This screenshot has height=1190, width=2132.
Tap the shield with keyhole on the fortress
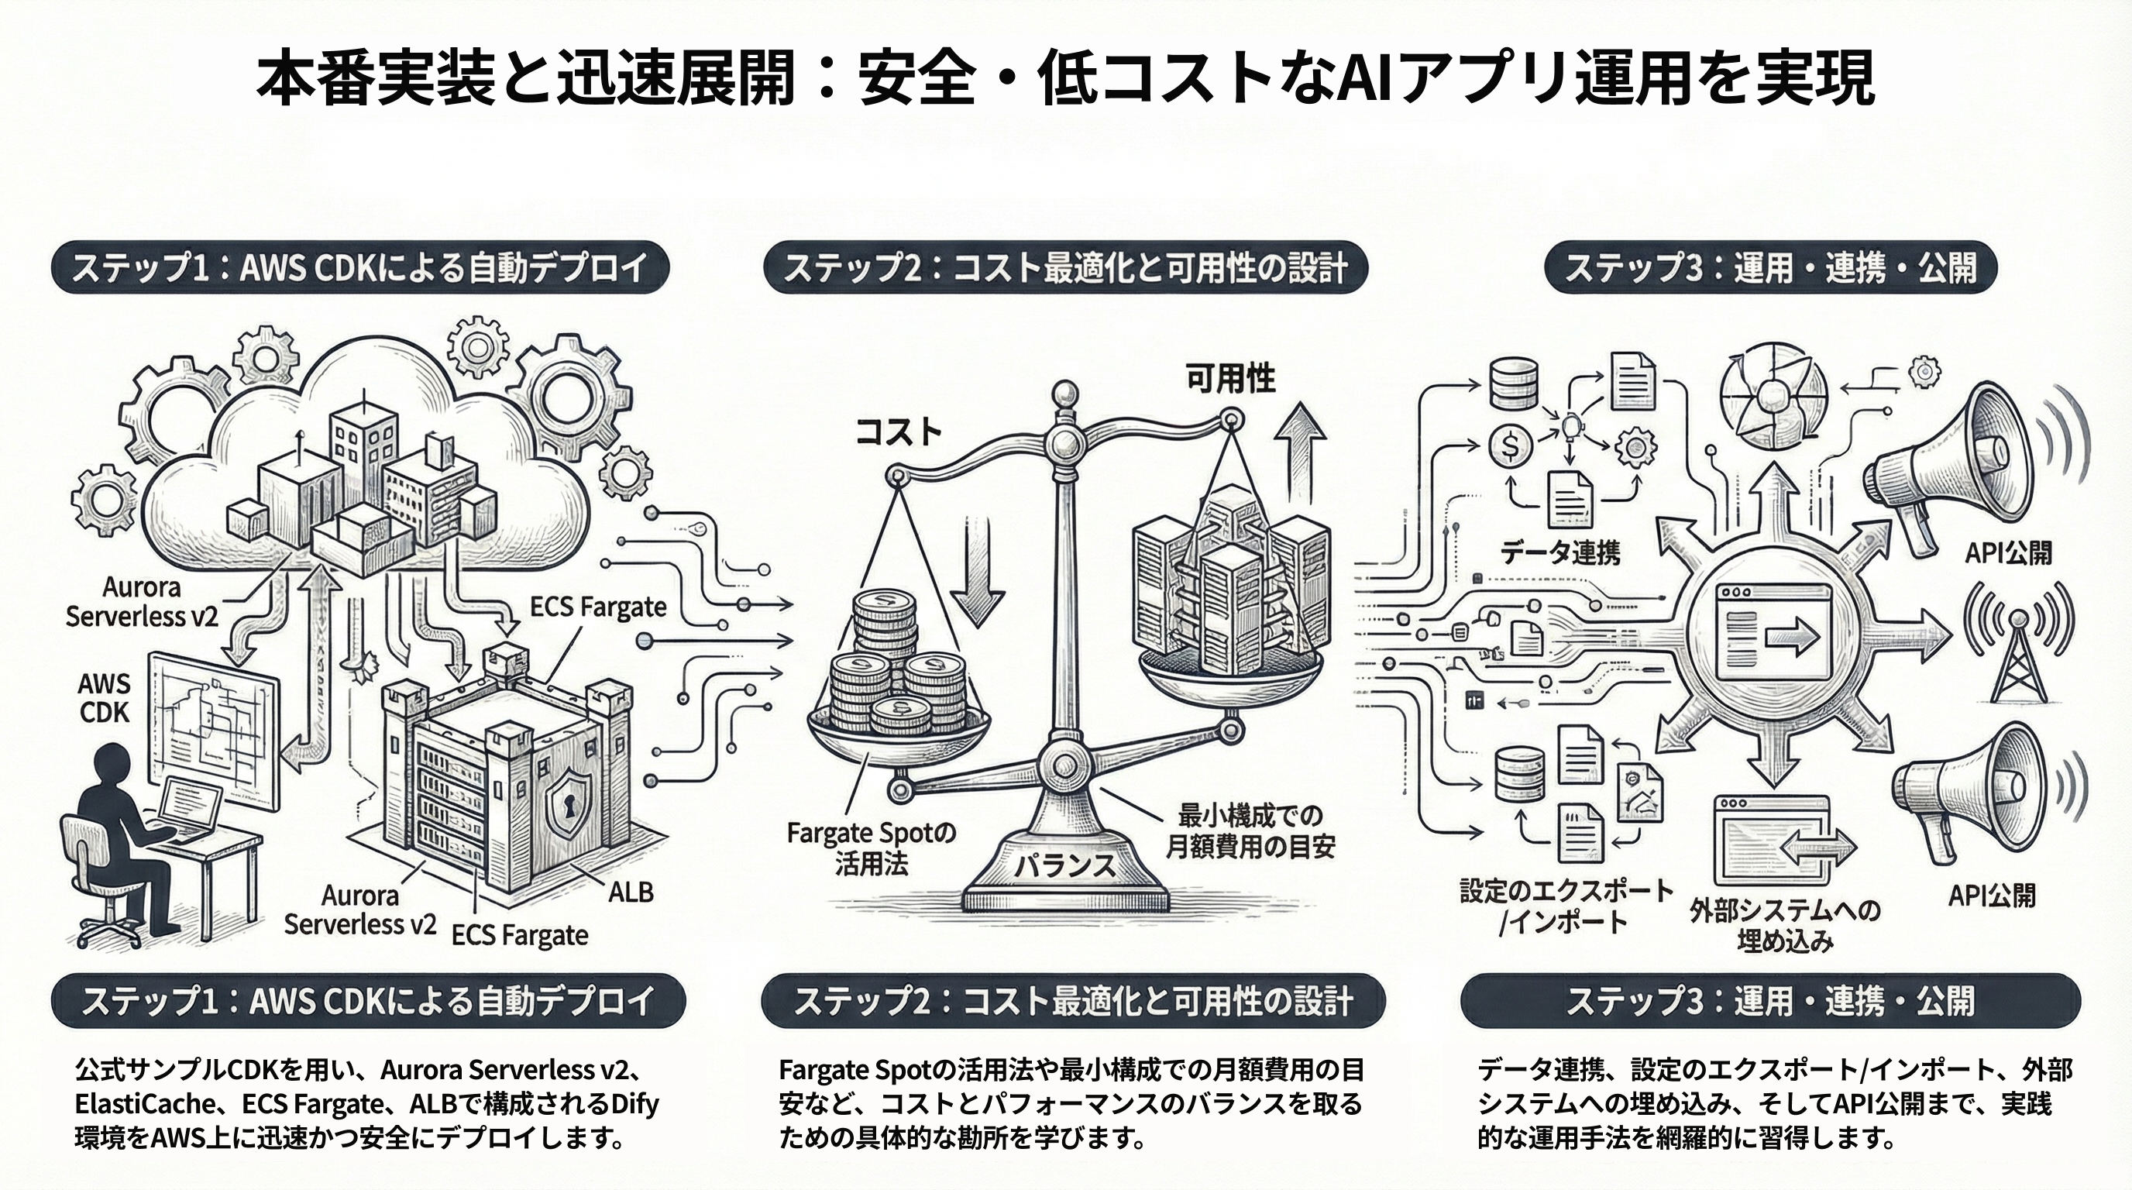[x=570, y=800]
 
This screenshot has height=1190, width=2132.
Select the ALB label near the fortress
[x=631, y=892]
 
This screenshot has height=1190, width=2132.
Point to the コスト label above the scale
[x=898, y=432]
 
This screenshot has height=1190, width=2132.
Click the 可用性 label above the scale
[x=1231, y=379]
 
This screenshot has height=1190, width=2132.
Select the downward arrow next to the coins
[x=978, y=580]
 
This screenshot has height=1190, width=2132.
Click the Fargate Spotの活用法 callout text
[x=871, y=848]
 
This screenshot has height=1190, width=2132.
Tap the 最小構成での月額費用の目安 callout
[x=1250, y=831]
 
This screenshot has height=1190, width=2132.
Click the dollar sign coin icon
[x=1511, y=447]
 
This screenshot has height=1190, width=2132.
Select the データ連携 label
[x=1560, y=552]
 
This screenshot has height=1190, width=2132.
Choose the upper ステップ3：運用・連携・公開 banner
[x=1770, y=267]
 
